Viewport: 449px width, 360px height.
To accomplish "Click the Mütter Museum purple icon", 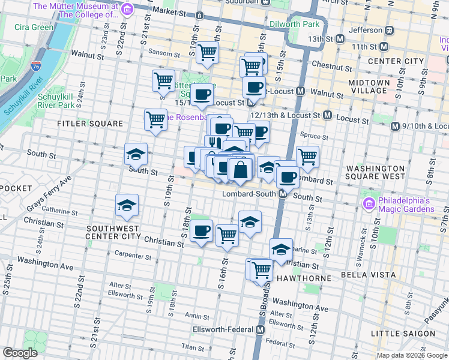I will [x=127, y=10].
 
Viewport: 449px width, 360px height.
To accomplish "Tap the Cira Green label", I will [x=34, y=27].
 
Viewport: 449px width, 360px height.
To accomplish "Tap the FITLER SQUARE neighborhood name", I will [x=90, y=124].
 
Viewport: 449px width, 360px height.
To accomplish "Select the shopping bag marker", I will [x=240, y=170].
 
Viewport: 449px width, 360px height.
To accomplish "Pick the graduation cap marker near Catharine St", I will [x=127, y=206].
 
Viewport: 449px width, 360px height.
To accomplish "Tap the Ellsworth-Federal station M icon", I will [x=261, y=330].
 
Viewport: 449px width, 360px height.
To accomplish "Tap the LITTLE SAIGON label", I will [x=403, y=334].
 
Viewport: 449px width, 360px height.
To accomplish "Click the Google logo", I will [x=20, y=353].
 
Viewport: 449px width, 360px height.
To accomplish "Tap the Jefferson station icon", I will [x=389, y=30].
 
